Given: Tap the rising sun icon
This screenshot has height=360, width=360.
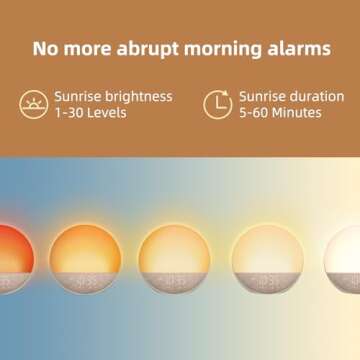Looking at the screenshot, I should pos(33,104).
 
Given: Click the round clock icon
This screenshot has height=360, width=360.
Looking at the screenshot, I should pos(217,104).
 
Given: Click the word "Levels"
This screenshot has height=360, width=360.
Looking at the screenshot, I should pos(109,113).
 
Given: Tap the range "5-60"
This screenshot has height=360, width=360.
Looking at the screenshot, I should pos(256,113).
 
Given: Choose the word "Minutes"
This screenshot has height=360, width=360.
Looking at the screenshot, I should pos(299,113).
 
